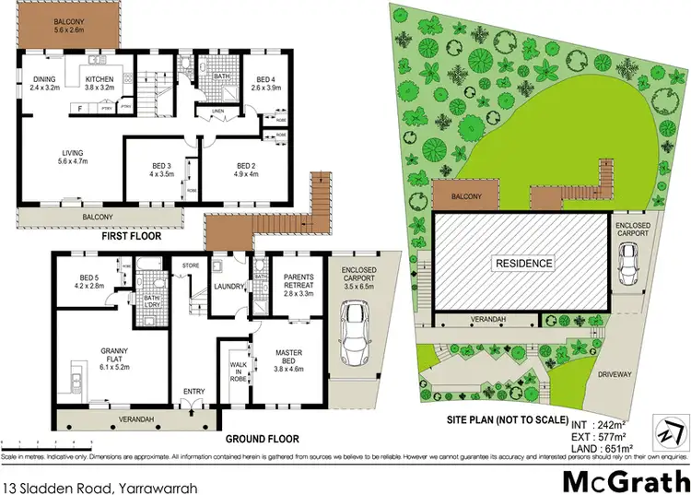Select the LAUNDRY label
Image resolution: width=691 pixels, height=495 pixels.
tap(228, 287)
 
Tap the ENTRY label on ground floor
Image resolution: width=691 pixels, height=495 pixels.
tap(194, 392)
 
